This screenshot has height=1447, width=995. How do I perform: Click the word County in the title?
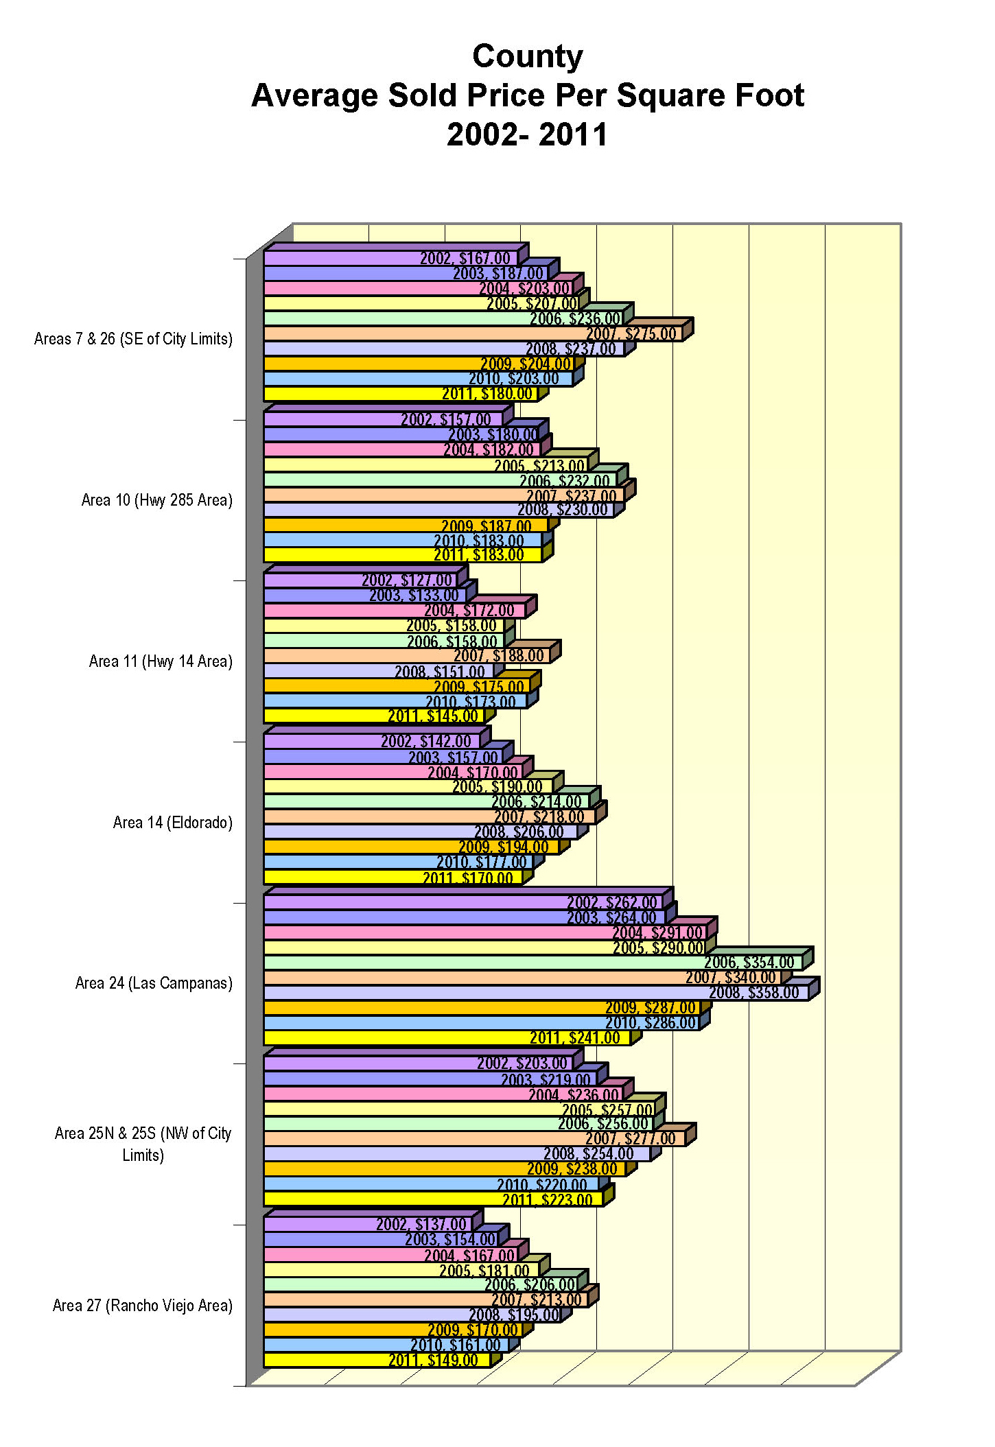(x=527, y=56)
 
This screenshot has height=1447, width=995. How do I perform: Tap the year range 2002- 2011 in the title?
(x=527, y=134)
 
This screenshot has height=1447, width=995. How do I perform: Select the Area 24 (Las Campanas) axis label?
(x=154, y=983)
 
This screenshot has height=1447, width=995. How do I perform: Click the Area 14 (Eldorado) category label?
(x=172, y=822)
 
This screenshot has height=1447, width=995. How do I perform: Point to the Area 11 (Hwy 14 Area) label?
(x=161, y=661)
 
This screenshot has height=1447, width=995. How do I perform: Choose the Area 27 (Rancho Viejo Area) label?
(x=142, y=1305)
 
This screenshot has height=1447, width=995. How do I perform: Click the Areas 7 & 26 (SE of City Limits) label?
(x=133, y=339)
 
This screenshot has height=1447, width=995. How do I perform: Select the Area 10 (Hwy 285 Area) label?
(x=156, y=500)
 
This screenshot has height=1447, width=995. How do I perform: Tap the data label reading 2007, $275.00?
(x=631, y=334)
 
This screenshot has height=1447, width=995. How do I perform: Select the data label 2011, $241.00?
(x=574, y=1038)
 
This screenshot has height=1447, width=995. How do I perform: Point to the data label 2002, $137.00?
(x=421, y=1224)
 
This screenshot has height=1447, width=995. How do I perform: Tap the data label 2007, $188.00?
(x=498, y=656)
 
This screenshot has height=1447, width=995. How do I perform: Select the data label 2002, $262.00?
(x=611, y=903)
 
